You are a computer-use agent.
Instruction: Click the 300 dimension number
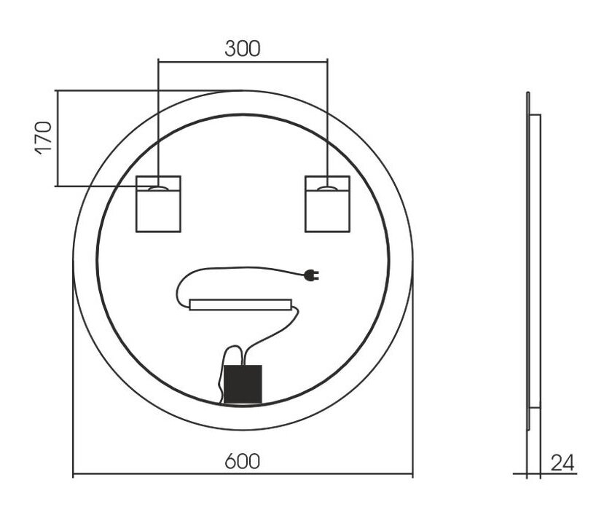point(243,49)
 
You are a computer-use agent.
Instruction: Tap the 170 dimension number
point(44,138)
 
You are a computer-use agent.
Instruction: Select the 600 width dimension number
point(243,461)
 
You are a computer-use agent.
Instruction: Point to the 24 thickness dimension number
point(562,463)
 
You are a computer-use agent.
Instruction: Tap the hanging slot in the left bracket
point(158,189)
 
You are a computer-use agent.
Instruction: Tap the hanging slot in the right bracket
point(327,189)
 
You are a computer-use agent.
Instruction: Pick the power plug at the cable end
point(311,275)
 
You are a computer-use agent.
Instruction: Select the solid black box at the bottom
point(243,384)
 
